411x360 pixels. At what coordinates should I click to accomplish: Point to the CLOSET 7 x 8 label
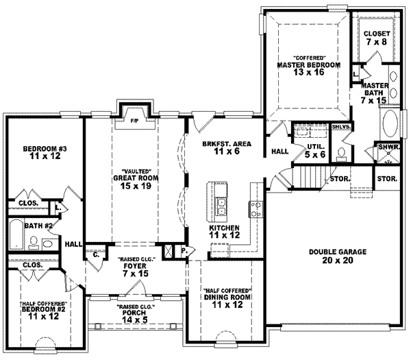(x=377, y=37)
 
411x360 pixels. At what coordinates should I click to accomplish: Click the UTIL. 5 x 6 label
(x=315, y=150)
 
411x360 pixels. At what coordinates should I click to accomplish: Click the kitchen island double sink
(x=223, y=203)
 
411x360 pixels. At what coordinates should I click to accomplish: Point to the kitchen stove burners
(x=254, y=204)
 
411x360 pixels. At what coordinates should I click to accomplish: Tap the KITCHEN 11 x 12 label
(x=224, y=231)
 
